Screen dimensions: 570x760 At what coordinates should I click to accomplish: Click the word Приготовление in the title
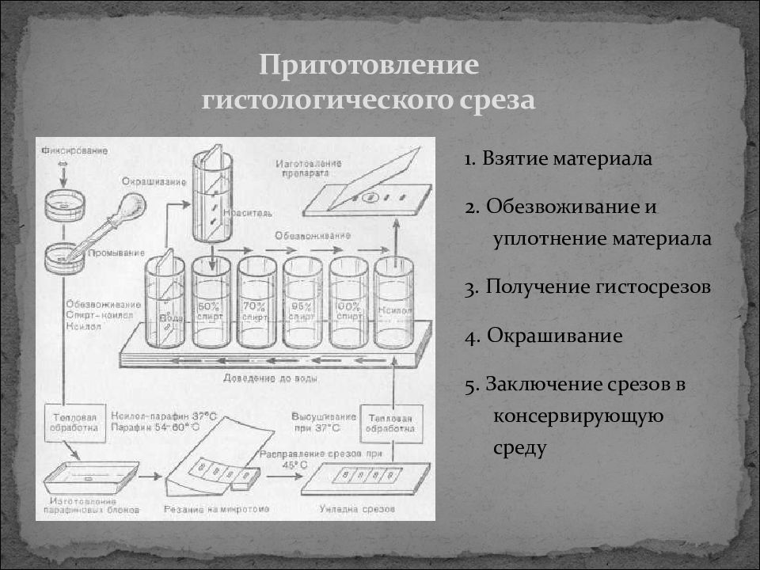tap(370, 66)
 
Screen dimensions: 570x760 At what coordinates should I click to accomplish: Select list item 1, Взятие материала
tap(558, 158)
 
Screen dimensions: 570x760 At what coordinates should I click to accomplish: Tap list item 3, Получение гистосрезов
tap(587, 287)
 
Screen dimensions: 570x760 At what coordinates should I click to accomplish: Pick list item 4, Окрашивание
tap(544, 336)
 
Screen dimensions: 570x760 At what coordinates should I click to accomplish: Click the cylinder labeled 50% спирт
tap(211, 304)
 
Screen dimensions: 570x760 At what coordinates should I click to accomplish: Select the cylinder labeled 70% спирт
tap(256, 304)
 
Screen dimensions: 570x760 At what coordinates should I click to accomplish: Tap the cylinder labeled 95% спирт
tap(302, 304)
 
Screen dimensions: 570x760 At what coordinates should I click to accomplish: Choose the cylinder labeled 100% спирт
tap(348, 304)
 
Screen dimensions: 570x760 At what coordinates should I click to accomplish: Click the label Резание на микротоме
tap(215, 509)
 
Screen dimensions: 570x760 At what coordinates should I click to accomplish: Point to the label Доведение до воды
tap(272, 378)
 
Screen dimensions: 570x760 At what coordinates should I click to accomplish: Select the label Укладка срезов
tap(358, 509)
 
